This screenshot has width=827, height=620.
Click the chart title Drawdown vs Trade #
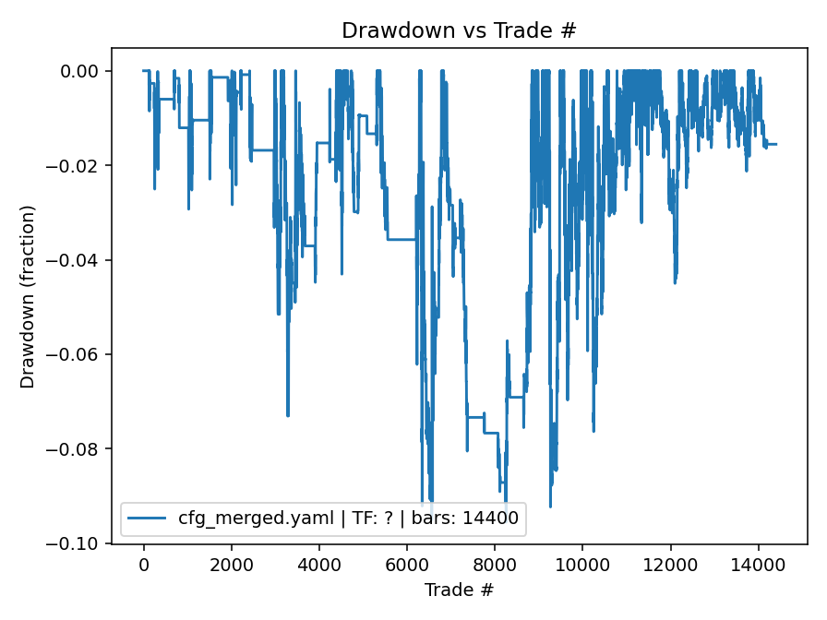click(459, 30)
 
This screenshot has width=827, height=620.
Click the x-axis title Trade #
click(459, 590)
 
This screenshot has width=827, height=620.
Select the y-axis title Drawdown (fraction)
click(28, 296)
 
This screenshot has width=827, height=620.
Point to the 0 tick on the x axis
click(144, 565)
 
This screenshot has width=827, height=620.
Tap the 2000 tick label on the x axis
click(232, 565)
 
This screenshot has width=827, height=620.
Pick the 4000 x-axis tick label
click(319, 565)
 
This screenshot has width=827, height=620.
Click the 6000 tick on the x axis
click(407, 565)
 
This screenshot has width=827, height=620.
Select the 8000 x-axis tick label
click(495, 565)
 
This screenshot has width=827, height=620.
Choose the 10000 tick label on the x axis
click(582, 565)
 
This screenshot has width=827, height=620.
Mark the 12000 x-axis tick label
click(670, 565)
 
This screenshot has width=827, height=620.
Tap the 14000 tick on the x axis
click(758, 565)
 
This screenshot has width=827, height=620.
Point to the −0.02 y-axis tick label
click(78, 166)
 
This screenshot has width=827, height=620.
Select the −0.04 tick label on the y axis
click(78, 260)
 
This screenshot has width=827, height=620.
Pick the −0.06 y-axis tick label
click(78, 354)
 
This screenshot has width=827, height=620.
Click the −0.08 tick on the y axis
click(78, 449)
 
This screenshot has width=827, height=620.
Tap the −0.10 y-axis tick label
click(78, 543)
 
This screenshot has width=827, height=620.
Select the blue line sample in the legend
click(148, 519)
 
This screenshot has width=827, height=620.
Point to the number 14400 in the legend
click(498, 519)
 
